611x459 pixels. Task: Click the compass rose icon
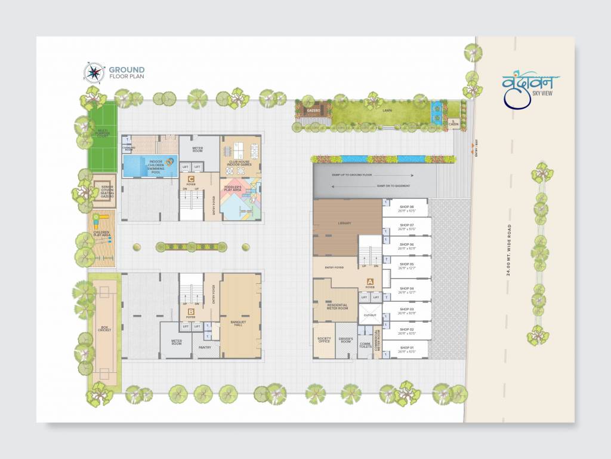[94, 73]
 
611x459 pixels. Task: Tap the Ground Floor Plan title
[126, 73]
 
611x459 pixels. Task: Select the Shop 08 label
[406, 208]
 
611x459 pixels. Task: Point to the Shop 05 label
[406, 265]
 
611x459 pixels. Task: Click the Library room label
[344, 223]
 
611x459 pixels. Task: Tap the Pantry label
[205, 347]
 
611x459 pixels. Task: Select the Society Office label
[324, 340]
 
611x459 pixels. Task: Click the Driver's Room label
[347, 340]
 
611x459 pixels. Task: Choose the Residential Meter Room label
[337, 307]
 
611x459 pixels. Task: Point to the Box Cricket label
[105, 329]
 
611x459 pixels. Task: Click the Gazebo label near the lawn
[314, 111]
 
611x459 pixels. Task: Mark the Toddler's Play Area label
[240, 188]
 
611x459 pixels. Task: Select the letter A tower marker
[370, 281]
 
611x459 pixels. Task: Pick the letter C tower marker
[191, 179]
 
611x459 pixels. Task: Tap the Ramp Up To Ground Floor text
[351, 175]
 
